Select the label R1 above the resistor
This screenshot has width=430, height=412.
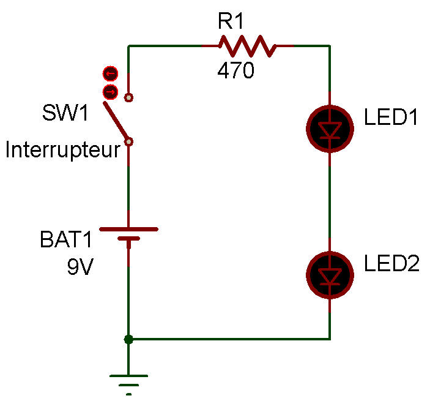(x=231, y=23)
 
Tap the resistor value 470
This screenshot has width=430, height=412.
(x=235, y=72)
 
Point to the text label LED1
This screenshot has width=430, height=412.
(x=391, y=118)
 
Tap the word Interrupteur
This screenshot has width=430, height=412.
(x=62, y=150)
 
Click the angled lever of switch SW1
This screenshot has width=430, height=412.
(x=116, y=121)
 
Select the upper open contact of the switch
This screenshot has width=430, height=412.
(x=128, y=97)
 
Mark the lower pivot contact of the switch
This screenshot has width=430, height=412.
(x=128, y=142)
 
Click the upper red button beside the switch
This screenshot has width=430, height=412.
(x=110, y=74)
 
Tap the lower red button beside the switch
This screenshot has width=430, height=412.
(x=110, y=92)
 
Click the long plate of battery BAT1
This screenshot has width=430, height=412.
(x=128, y=230)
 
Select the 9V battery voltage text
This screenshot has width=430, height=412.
(x=80, y=267)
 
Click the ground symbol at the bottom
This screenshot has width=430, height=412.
(x=128, y=382)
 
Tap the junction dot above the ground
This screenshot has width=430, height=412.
(x=128, y=339)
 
